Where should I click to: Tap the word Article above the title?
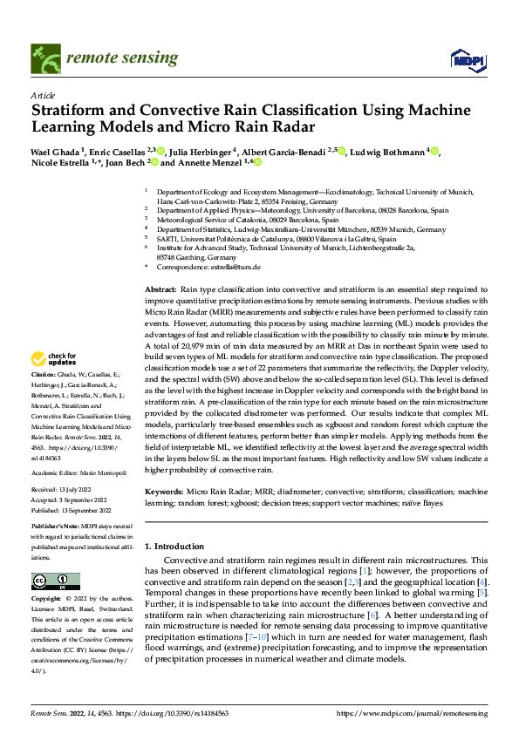coord(43,95)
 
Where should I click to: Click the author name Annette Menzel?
coord(209,162)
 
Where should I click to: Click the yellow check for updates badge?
coord(54,358)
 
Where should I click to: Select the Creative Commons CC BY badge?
coord(54,580)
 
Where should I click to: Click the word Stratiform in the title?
coord(73,111)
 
